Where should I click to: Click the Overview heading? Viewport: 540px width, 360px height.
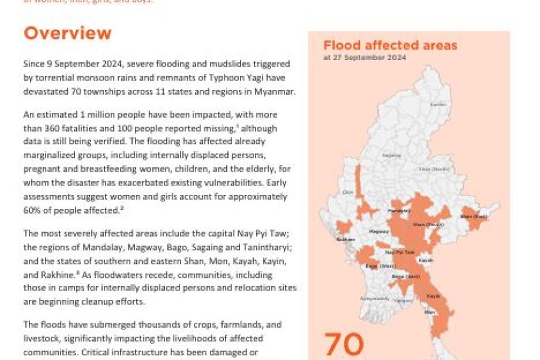[x=67, y=33]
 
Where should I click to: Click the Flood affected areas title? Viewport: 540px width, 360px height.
[x=390, y=46]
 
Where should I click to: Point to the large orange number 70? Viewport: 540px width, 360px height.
[x=344, y=344]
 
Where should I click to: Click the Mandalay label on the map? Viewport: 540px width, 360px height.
[x=399, y=211]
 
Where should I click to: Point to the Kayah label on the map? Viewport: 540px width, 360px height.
[x=426, y=261]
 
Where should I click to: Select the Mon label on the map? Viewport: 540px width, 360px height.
[x=428, y=312]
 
